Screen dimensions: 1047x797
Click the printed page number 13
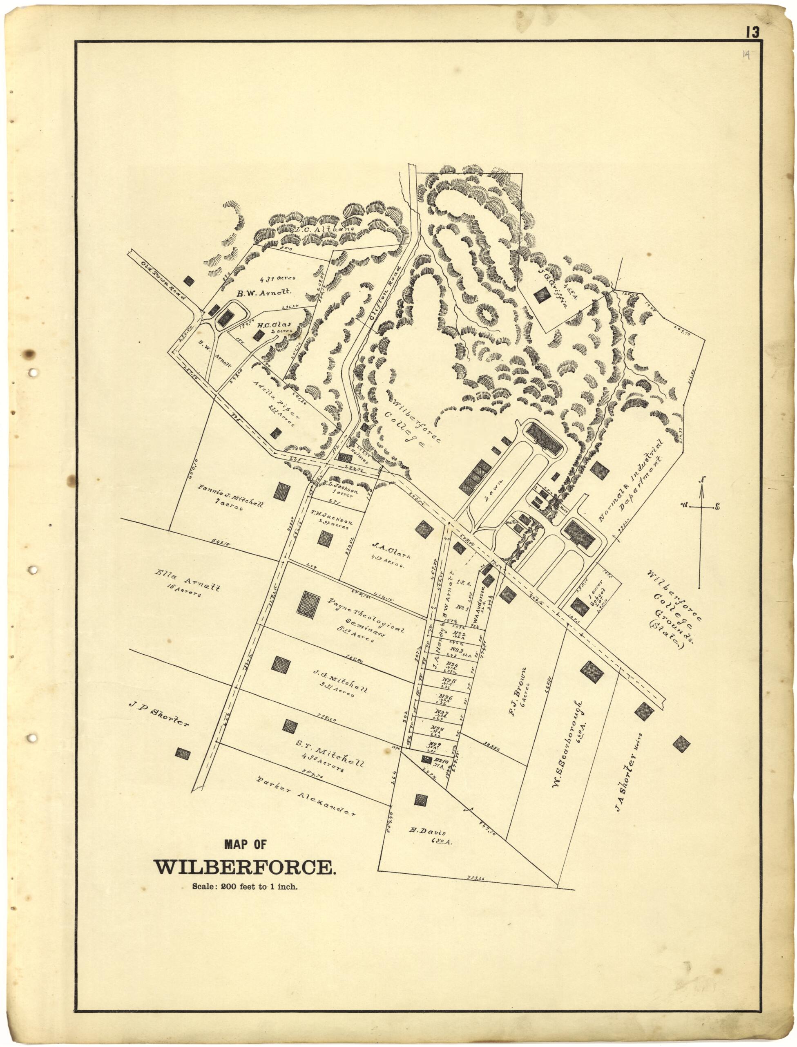tap(752, 32)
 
